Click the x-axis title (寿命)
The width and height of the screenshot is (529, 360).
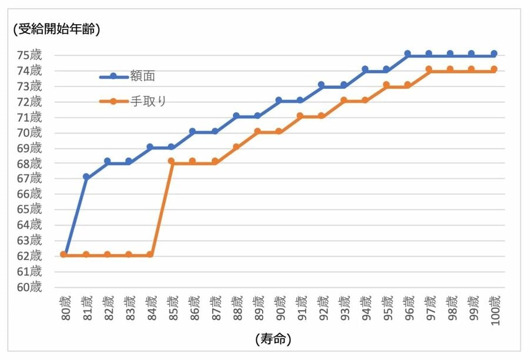click(273, 339)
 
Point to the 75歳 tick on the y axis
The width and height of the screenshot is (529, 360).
click(29, 55)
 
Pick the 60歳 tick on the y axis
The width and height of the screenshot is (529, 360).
click(29, 287)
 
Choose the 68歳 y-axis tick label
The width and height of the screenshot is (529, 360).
click(29, 163)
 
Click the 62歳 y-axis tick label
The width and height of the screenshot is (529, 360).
click(29, 256)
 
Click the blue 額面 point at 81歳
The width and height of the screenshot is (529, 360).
click(86, 177)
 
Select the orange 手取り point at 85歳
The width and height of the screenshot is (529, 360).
click(172, 161)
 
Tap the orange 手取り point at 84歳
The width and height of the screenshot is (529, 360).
click(150, 255)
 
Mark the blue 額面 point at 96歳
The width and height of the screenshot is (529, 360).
click(407, 54)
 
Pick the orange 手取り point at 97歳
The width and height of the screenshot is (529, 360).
click(429, 69)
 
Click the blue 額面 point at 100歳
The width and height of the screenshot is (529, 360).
click(494, 54)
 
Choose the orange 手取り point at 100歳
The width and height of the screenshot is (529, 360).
click(494, 69)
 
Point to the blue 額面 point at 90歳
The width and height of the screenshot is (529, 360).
click(279, 100)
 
